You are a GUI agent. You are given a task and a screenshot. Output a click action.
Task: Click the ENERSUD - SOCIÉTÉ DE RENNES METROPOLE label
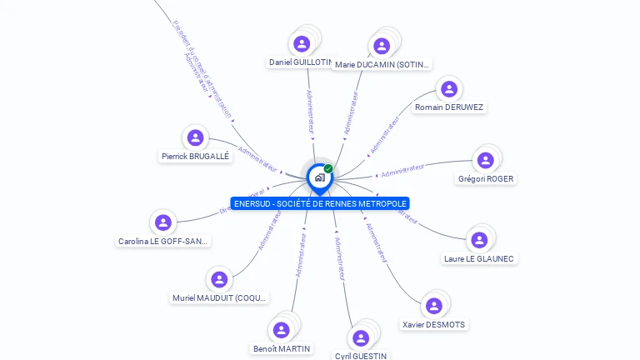pos(320,203)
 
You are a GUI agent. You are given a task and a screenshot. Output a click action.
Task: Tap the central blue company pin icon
pos(319,177)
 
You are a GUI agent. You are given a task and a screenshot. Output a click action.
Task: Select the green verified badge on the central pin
pos(328,168)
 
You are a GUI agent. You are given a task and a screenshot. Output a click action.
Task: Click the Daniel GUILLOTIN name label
pos(300,62)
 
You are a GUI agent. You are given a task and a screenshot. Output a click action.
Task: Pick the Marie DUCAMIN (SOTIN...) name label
pos(382,64)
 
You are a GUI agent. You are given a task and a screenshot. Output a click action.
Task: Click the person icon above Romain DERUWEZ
pos(449,89)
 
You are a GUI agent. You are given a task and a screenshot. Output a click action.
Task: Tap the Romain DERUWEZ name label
pos(449,107)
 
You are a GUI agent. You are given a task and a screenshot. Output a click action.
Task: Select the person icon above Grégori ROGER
pos(485,160)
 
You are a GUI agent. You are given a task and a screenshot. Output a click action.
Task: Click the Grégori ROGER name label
pos(486,178)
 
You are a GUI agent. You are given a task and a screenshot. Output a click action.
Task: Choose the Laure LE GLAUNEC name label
pos(479,258)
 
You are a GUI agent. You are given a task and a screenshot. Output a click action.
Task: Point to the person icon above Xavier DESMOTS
pos(433,306)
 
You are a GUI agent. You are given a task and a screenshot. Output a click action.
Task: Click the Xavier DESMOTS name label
pos(434,324)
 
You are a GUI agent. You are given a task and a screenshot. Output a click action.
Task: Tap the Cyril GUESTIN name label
pos(361,356)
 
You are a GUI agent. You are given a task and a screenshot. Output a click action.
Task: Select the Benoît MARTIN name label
pos(282,348)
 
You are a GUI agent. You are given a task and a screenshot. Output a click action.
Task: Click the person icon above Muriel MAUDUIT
pos(219,279)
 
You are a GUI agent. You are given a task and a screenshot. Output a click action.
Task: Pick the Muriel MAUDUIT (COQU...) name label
pos(220,297)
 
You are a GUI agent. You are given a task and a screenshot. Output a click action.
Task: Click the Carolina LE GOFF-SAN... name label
pos(163,241)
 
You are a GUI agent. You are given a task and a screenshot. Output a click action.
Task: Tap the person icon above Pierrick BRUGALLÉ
pos(195,137)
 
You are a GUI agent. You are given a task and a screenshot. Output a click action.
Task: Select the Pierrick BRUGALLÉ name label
pos(195,156)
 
